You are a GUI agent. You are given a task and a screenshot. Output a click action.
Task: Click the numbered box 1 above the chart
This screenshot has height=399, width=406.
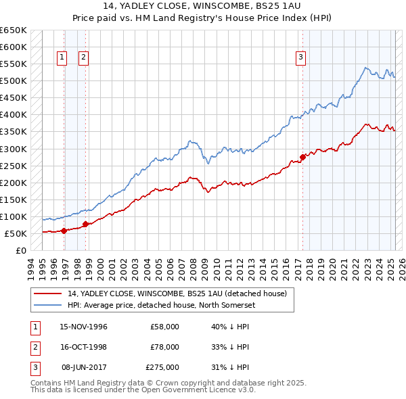(62, 57)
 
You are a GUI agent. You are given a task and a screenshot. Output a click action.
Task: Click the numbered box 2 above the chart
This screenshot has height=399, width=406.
(83, 57)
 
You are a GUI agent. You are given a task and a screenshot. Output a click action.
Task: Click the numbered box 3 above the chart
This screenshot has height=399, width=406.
(300, 57)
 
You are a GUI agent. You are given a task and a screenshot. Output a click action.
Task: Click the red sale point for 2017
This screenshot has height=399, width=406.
(302, 157)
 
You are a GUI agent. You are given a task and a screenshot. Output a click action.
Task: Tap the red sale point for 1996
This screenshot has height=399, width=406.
(64, 231)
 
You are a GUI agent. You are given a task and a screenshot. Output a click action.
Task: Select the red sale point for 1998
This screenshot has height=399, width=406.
(86, 224)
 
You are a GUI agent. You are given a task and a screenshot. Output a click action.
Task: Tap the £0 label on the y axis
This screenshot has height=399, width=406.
(20, 250)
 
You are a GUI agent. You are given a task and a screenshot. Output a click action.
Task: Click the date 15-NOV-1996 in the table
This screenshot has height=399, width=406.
(84, 327)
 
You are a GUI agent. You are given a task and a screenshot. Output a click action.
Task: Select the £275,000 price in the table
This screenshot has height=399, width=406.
(162, 367)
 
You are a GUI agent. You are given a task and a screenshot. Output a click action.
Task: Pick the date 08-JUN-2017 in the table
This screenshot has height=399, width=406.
(84, 367)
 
